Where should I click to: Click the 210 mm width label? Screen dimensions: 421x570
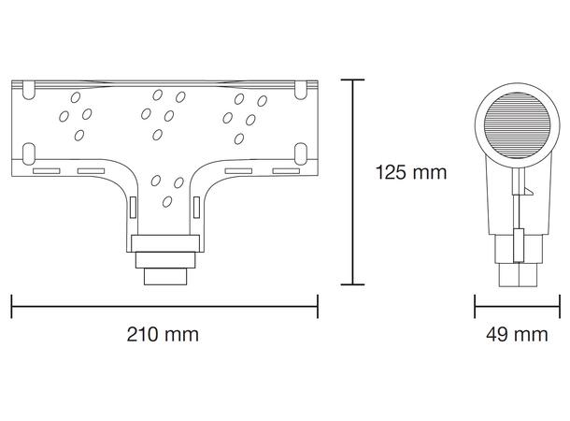tap(164, 334)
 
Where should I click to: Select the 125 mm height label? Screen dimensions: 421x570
tap(410, 172)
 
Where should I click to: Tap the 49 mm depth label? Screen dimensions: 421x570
tap(517, 334)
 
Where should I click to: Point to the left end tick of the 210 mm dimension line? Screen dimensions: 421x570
tap(12, 306)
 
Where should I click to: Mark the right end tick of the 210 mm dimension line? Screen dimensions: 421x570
tap(318, 306)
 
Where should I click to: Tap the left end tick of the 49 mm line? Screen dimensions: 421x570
tap(476, 306)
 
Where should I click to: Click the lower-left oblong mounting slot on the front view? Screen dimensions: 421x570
tap(28, 152)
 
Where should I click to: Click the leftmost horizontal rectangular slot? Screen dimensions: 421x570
tap(46, 172)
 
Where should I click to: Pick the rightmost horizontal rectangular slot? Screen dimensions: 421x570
tap(284, 172)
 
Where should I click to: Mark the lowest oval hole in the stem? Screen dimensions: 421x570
tap(166, 201)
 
